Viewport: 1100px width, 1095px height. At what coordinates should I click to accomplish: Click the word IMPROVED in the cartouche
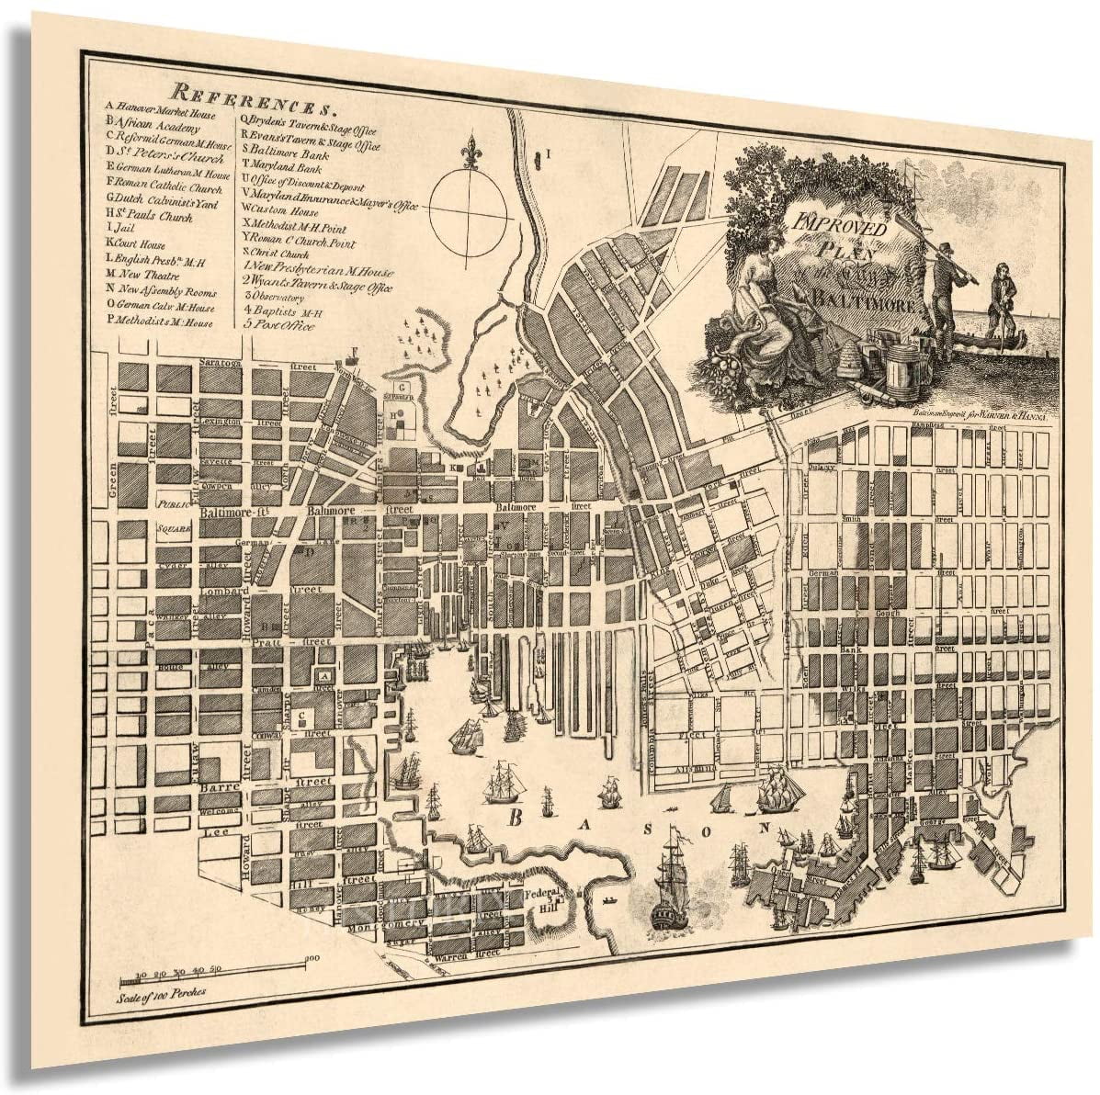tap(829, 223)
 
